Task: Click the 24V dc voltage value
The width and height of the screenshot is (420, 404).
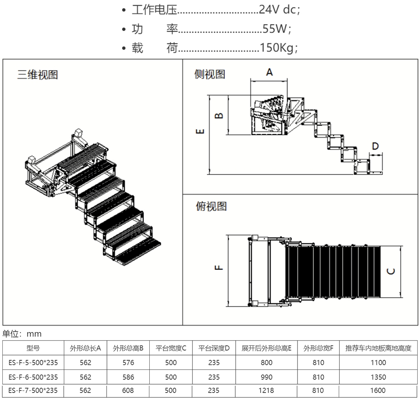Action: [279, 10]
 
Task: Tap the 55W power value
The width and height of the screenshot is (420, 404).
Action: [276, 29]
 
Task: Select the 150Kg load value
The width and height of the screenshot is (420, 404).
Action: [279, 48]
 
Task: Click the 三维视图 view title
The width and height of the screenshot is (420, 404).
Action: [37, 75]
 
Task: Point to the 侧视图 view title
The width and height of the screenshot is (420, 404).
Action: [210, 74]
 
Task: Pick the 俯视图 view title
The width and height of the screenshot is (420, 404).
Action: [210, 206]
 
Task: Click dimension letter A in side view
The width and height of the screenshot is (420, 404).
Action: [269, 72]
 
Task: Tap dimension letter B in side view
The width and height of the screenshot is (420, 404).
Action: [219, 115]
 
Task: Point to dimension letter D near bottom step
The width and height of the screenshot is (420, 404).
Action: [375, 146]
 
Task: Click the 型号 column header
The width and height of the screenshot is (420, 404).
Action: [33, 348]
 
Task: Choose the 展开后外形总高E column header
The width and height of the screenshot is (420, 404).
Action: [266, 348]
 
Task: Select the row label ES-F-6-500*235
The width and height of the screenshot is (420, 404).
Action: [33, 377]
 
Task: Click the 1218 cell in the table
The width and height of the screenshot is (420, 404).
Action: [266, 390]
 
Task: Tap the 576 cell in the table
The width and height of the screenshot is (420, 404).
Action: [128, 362]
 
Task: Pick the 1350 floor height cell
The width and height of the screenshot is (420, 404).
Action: [378, 377]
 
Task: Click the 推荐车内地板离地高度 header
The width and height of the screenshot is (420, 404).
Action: [378, 348]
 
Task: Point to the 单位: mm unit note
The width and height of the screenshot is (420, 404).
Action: [22, 334]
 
